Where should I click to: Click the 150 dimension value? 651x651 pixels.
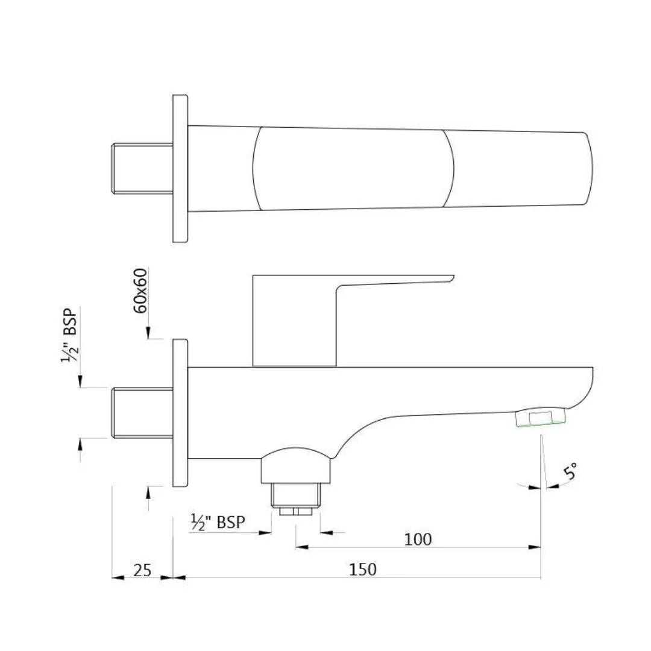pyautogui.click(x=363, y=568)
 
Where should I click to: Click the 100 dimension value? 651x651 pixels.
pyautogui.click(x=418, y=539)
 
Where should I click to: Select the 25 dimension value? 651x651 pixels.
pyautogui.click(x=142, y=570)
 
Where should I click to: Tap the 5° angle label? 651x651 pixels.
pyautogui.click(x=570, y=471)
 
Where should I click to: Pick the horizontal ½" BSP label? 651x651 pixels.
pyautogui.click(x=218, y=522)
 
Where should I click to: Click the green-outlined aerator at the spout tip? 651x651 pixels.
pyautogui.click(x=541, y=417)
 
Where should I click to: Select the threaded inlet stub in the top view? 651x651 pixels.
pyautogui.click(x=142, y=169)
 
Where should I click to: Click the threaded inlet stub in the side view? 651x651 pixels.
pyautogui.click(x=142, y=413)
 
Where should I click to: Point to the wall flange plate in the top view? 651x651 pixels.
pyautogui.click(x=180, y=169)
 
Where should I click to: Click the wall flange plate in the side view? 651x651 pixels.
pyautogui.click(x=180, y=413)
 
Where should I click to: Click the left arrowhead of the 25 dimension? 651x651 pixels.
pyautogui.click(x=118, y=577)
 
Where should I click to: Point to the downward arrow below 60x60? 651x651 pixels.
pyautogui.click(x=147, y=333)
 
